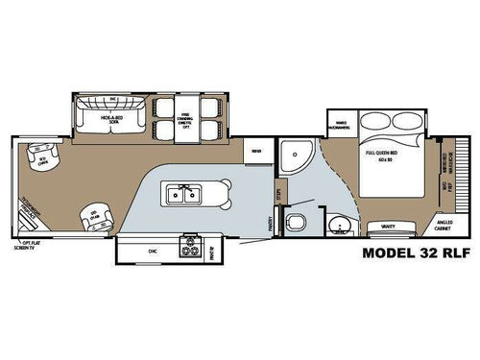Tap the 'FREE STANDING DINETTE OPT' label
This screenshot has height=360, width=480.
coord(186,120)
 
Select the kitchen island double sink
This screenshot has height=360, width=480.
coord(183,196)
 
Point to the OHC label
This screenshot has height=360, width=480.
coord(152,252)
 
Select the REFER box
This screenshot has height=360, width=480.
coord(254,151)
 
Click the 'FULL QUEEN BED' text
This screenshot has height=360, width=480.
coord(381,154)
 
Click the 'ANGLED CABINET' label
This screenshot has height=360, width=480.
coord(441,228)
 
